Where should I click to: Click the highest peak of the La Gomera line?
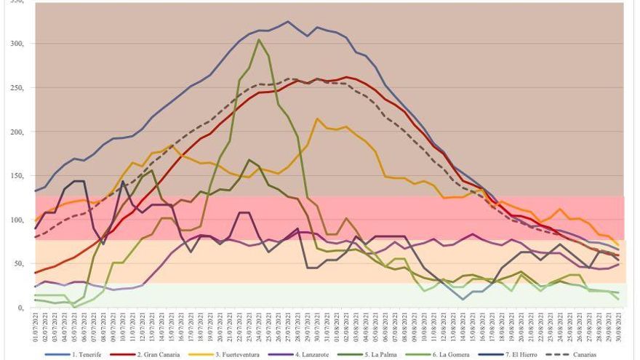pos(259,39)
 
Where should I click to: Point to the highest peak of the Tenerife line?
pos(287,22)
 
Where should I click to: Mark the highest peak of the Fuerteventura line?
pos(317,119)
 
